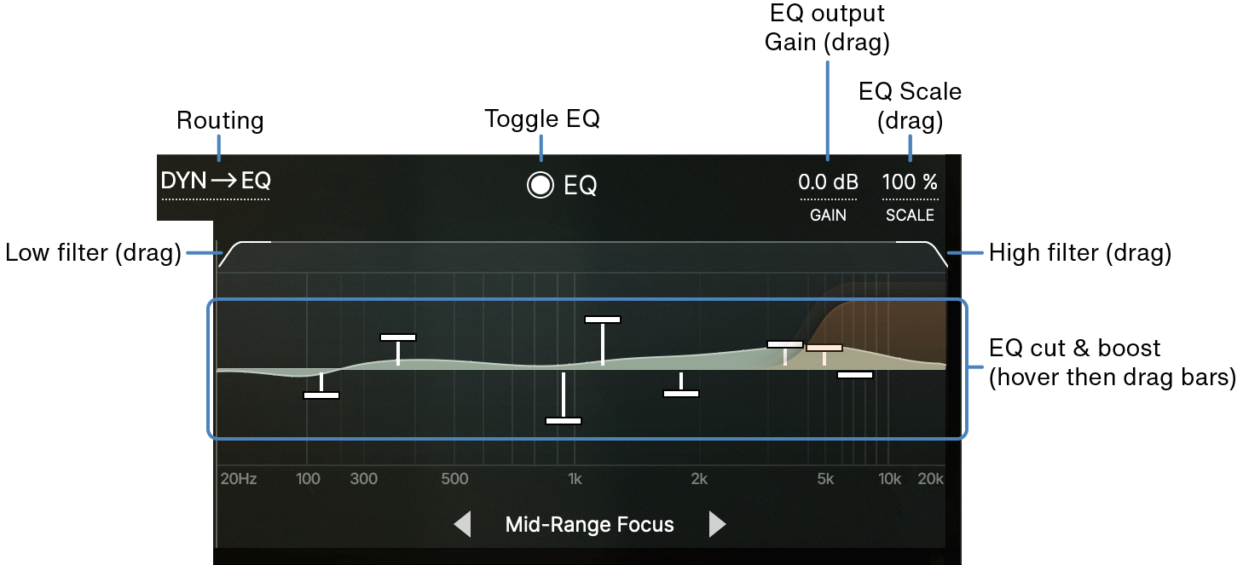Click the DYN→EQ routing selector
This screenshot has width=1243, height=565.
216,181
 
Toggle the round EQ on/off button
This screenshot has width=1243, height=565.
540,185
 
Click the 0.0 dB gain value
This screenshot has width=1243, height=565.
828,182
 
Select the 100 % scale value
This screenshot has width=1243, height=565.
910,182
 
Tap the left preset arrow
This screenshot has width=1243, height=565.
463,524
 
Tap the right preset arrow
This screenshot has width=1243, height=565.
717,524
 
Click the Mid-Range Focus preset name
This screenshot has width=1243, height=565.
589,525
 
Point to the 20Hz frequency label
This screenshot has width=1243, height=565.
239,479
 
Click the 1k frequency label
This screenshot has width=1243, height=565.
575,479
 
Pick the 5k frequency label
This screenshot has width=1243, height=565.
825,479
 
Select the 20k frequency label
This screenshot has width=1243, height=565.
931,479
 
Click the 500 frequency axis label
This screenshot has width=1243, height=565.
454,479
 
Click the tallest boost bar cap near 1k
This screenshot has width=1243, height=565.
603,320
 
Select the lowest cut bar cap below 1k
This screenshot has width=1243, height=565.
564,421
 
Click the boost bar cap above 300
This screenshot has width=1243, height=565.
398,337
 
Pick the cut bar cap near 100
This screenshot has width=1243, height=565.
321,395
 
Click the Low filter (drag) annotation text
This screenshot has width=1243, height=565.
93,253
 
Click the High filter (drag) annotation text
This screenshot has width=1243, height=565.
1080,253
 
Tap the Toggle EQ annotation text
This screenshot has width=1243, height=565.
542,118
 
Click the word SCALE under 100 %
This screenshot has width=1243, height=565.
910,215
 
